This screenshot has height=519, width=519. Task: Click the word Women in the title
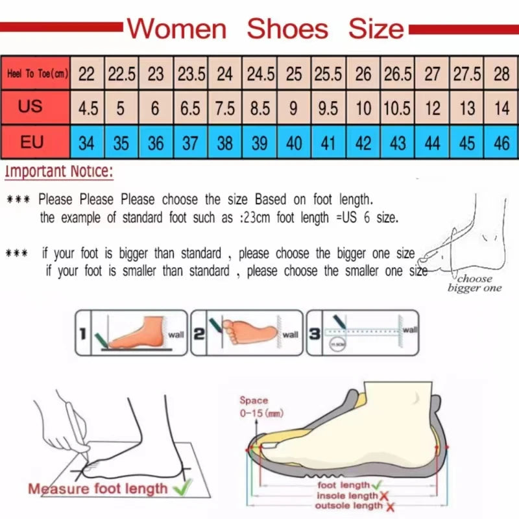coord(176,29)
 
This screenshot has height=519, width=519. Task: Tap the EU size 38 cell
coord(224,142)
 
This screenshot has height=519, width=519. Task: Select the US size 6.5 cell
coord(190,108)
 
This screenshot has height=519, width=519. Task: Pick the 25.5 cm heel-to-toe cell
coord(328,74)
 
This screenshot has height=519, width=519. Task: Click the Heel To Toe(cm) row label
coord(38,74)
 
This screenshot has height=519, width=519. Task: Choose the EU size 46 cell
coord(501,142)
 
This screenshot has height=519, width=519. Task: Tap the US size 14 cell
coord(501,108)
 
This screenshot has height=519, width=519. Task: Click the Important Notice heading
coord(59,173)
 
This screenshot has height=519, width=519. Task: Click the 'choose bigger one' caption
coord(474,284)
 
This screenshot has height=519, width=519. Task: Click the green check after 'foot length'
coord(377,485)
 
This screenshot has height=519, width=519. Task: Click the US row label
coord(30,106)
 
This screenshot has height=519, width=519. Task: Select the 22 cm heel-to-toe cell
coord(86,74)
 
